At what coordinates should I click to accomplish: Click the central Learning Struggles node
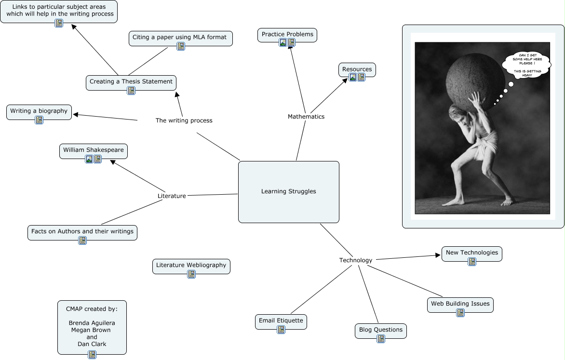coord(288,192)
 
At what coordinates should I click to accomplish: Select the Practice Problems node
coord(287,35)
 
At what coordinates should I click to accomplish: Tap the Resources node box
coord(357,69)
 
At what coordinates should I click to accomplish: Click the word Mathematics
coord(306,117)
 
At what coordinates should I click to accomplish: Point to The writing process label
coord(184,120)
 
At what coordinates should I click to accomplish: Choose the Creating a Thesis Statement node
coord(131,82)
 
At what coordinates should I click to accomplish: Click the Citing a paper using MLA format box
coord(180,38)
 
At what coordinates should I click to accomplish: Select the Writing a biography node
coord(39,111)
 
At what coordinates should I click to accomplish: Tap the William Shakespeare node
coord(94,150)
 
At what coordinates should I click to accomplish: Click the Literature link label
coord(172,196)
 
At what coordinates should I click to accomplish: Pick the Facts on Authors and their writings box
coord(82,232)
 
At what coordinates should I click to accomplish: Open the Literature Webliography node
coord(191,266)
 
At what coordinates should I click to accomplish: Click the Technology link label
coord(356,260)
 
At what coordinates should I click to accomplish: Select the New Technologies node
coord(471,253)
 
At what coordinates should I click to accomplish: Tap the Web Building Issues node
coord(460,304)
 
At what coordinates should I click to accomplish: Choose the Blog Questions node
coord(380,330)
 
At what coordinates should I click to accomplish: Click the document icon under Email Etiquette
coord(281,330)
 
